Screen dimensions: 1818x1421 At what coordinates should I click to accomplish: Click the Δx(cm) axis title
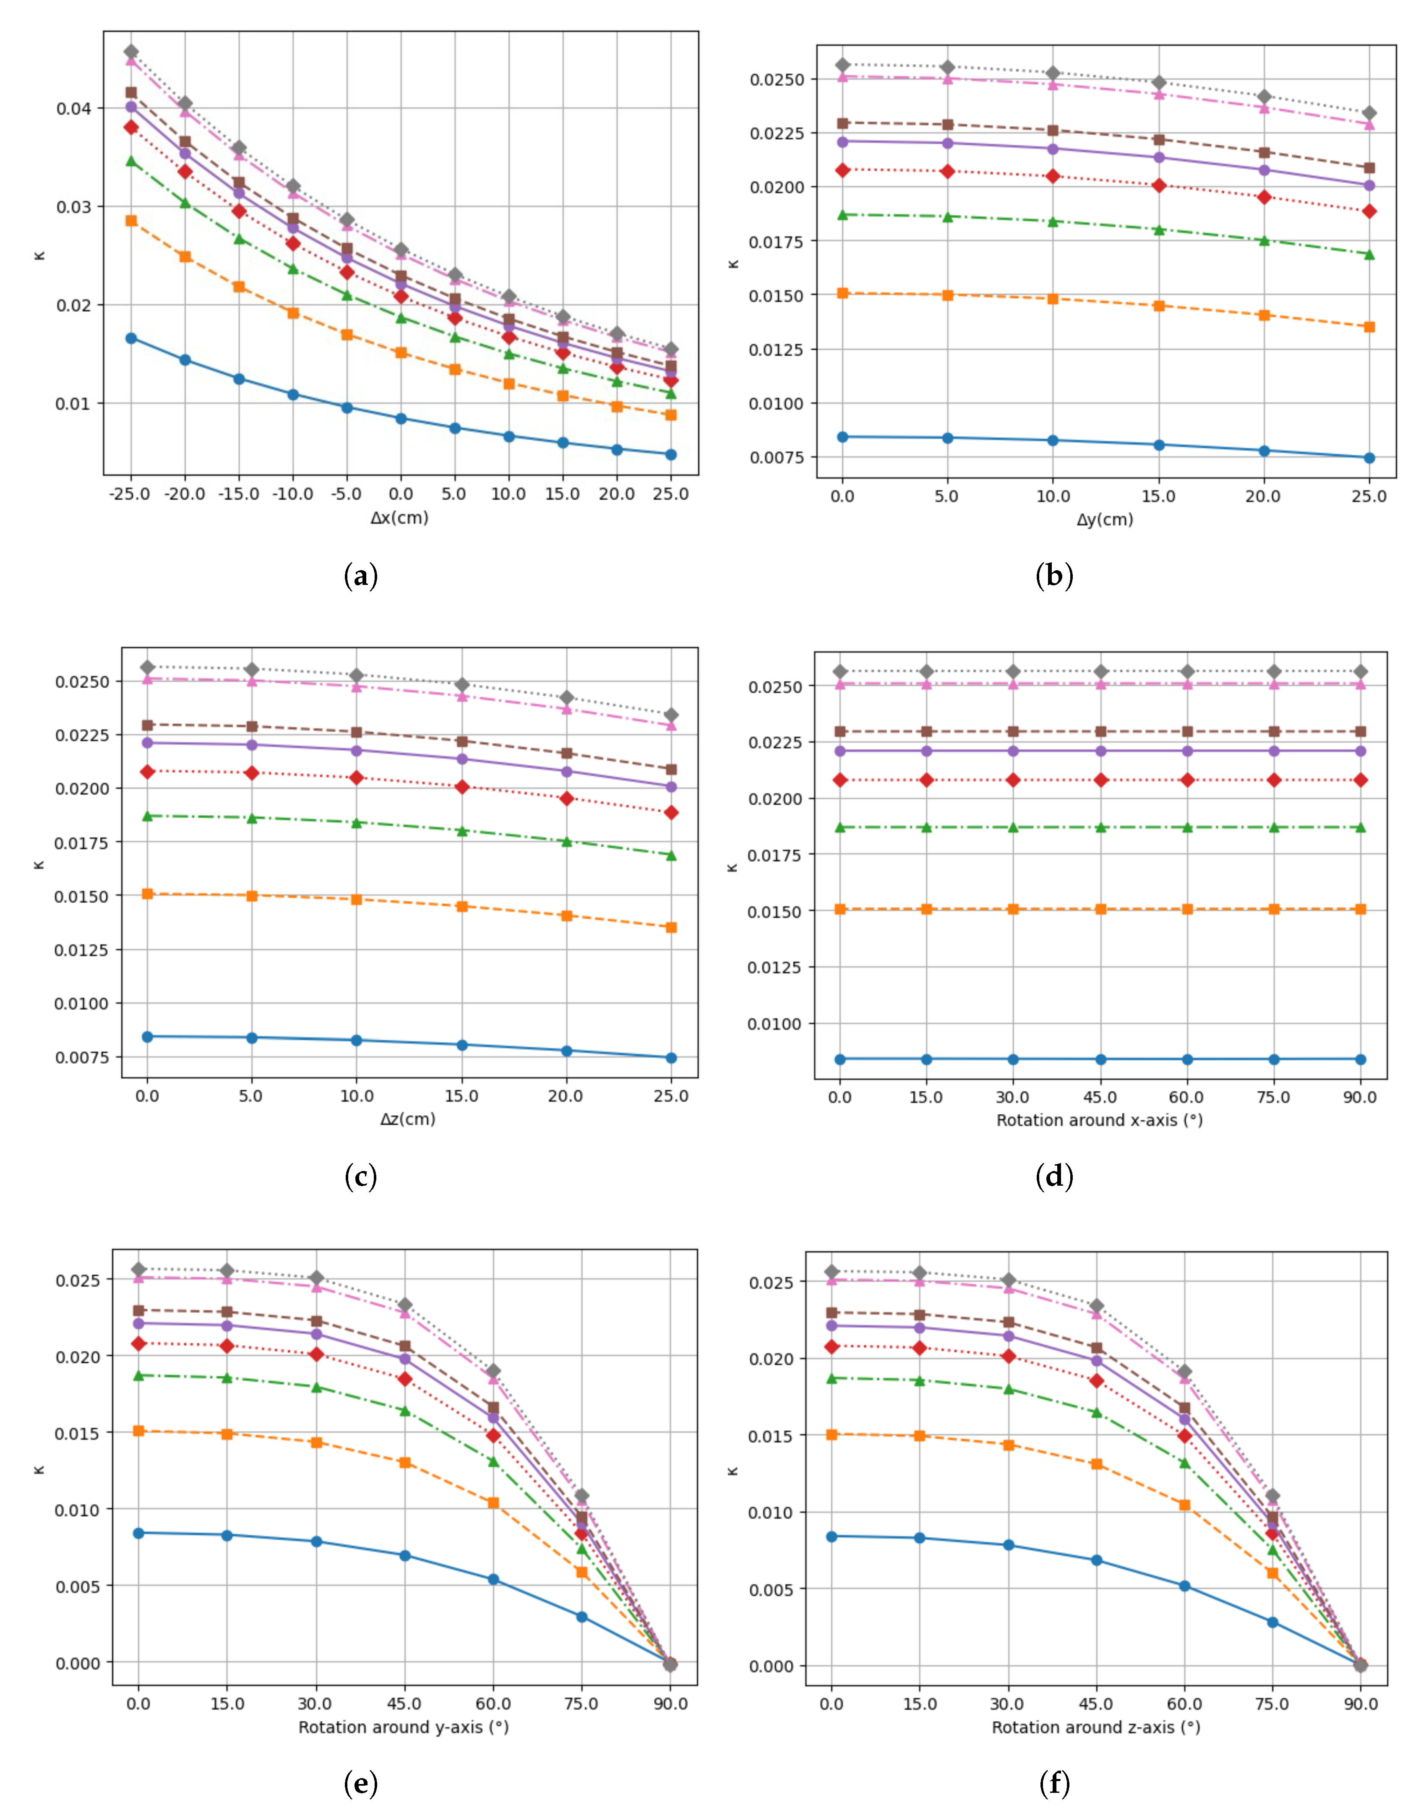[399, 518]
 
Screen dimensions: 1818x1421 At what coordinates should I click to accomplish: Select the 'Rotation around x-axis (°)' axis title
[1099, 1120]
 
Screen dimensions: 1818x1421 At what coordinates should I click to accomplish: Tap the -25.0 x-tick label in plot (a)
[130, 493]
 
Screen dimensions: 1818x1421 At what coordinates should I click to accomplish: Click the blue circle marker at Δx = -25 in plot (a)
[131, 338]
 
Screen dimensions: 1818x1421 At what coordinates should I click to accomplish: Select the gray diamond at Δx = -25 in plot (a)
[131, 52]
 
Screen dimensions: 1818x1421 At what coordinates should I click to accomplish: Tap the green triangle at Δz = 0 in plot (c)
[147, 816]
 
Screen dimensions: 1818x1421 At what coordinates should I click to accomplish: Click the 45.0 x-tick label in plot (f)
[1095, 1704]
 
